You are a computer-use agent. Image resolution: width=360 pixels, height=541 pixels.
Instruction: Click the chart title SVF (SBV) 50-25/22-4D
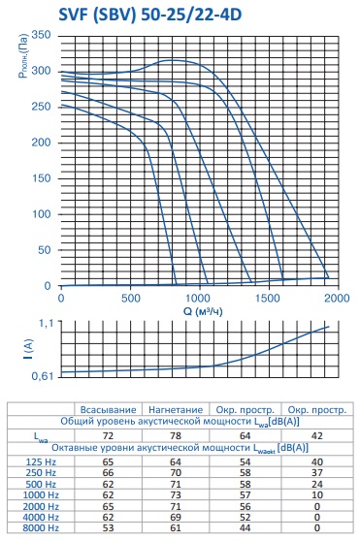click(150, 15)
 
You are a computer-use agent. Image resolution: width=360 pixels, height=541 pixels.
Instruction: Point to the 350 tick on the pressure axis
click(41, 35)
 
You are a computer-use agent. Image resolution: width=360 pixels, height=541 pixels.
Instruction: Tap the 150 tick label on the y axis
click(41, 178)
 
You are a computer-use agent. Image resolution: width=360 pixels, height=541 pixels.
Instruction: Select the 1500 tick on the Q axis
click(269, 298)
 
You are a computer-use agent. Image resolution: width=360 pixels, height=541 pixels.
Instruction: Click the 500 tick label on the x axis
click(131, 298)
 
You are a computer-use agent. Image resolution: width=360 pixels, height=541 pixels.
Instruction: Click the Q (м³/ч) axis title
click(203, 311)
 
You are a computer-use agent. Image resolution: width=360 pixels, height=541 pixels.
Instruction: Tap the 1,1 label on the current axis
click(46, 323)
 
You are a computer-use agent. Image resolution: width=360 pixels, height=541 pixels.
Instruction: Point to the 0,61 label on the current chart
click(43, 376)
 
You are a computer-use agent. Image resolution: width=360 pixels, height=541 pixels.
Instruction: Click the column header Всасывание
click(108, 410)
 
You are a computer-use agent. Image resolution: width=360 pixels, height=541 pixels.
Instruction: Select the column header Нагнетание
click(176, 410)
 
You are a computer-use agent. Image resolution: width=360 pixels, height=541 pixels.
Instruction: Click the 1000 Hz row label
click(41, 495)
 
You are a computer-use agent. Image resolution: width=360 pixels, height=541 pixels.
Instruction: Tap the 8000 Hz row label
click(41, 527)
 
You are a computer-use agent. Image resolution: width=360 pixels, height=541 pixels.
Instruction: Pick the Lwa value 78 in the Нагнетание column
click(176, 435)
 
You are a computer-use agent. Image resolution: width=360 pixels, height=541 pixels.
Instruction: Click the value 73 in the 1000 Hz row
click(176, 495)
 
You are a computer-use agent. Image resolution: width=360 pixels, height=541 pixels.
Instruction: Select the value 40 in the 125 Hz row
click(317, 462)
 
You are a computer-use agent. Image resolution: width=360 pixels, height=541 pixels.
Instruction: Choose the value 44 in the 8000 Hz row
click(245, 527)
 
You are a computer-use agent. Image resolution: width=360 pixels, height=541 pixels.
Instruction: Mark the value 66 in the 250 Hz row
click(108, 473)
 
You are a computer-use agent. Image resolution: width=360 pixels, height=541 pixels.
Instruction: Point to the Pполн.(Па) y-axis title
click(23, 55)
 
